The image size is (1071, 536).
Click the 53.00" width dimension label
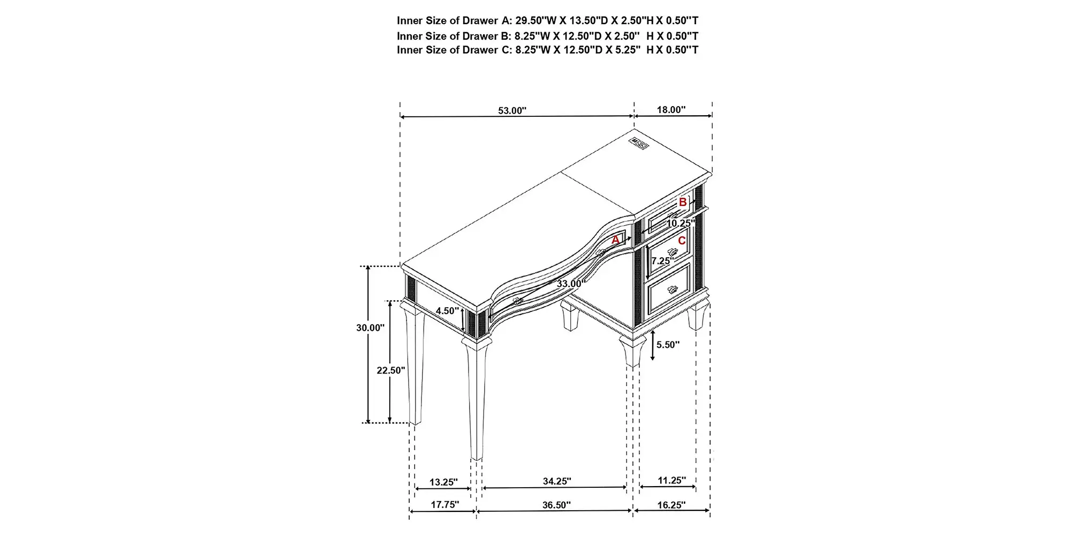pyautogui.click(x=512, y=110)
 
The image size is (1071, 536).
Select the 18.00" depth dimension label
pyautogui.click(x=672, y=110)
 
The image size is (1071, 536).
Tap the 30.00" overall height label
pyautogui.click(x=371, y=327)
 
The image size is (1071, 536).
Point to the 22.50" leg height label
pyautogui.click(x=391, y=370)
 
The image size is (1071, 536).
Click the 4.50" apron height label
pyautogui.click(x=447, y=311)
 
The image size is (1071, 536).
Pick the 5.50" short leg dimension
pyautogui.click(x=668, y=345)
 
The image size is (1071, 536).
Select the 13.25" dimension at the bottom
pyautogui.click(x=443, y=482)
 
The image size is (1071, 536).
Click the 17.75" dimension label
pyautogui.click(x=445, y=504)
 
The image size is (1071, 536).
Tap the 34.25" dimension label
pyautogui.click(x=557, y=481)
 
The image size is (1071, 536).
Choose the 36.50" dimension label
pyautogui.click(x=556, y=505)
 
